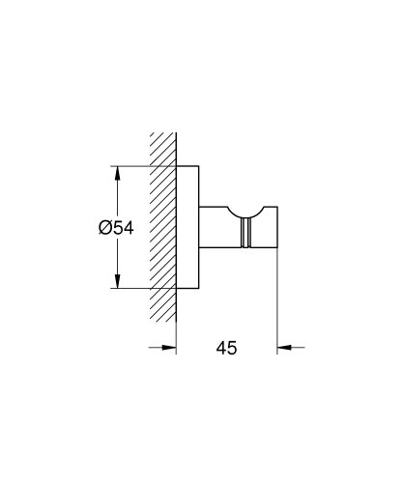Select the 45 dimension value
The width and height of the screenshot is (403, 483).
(227, 346)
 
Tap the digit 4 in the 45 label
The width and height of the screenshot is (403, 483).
(220, 346)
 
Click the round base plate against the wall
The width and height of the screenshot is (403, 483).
(189, 228)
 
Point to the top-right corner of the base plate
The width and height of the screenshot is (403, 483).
(200, 168)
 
